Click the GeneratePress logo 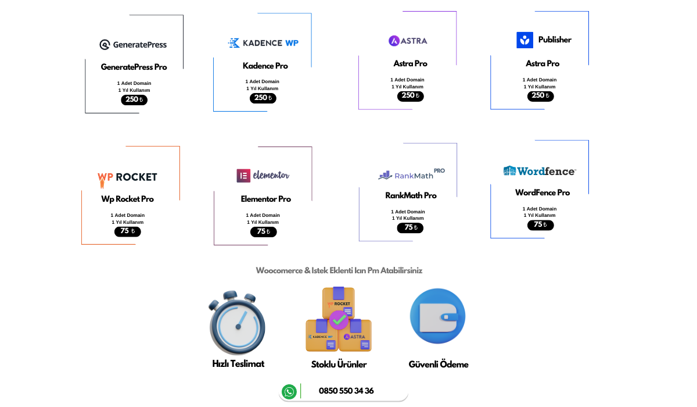pos(133,45)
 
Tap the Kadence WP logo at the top pos(263,43)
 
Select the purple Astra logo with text pos(408,41)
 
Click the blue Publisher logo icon pos(524,40)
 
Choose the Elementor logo pos(263,176)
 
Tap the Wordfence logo pos(540,171)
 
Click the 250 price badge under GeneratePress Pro pos(134,100)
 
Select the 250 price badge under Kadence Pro pos(263,98)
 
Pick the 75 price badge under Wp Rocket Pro pos(128,231)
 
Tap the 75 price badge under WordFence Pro pos(541,225)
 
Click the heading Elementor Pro pos(266,199)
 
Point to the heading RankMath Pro pos(411,195)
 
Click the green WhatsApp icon pos(289,392)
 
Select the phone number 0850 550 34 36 pos(346,391)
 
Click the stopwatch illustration pos(237,323)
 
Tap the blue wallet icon pos(438,316)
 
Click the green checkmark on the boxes pos(339,320)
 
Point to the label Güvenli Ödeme pos(439,365)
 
